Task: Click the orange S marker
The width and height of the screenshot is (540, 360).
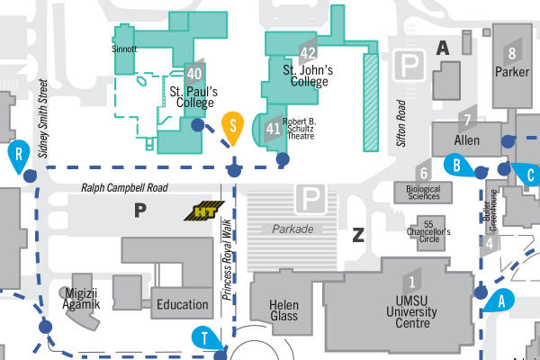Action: click(x=232, y=127)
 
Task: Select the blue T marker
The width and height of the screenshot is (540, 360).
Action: click(x=206, y=338)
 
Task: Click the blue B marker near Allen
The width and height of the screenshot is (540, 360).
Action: click(x=457, y=165)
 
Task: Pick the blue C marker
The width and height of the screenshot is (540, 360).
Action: click(x=529, y=174)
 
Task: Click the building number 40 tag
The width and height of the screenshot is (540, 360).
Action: click(x=194, y=73)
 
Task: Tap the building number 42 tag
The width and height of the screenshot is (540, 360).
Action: click(x=308, y=53)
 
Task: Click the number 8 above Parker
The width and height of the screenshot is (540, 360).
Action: click(x=512, y=51)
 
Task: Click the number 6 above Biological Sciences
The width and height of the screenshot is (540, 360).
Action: click(x=423, y=173)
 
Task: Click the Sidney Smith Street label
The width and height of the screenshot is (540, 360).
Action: click(x=42, y=113)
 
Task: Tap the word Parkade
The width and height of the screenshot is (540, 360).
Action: click(x=294, y=229)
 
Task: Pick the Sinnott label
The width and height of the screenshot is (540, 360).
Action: click(x=124, y=49)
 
